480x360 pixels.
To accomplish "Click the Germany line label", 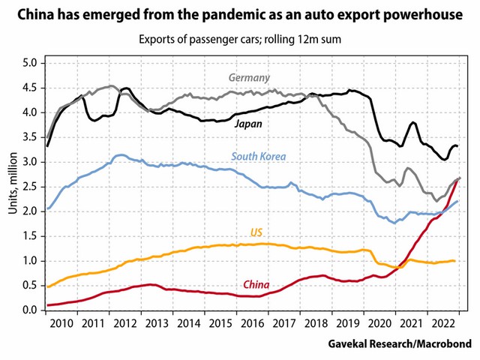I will (x=249, y=78).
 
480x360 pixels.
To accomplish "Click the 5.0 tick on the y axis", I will (x=29, y=64).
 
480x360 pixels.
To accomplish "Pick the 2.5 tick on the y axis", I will (x=29, y=187).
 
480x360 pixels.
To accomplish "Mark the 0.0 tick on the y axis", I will (x=29, y=310).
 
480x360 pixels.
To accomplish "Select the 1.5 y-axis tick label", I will (x=29, y=236).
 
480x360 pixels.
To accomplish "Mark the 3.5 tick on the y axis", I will (x=29, y=138).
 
